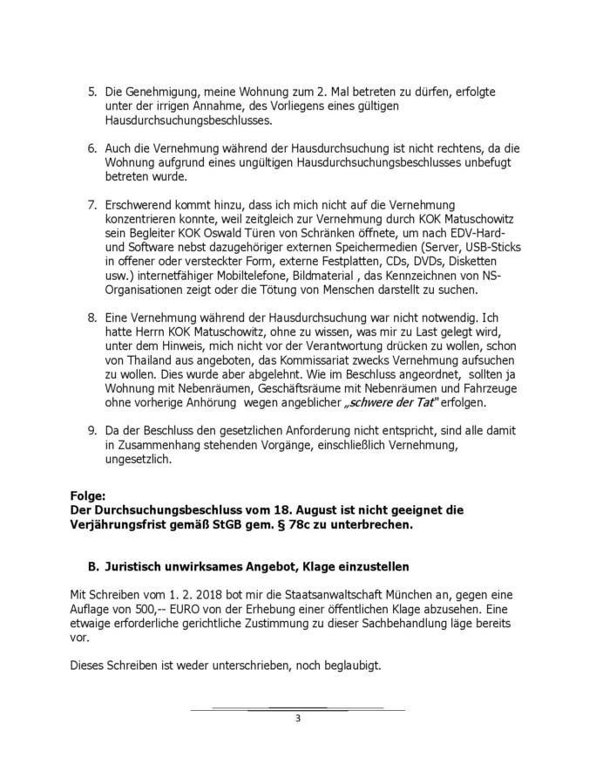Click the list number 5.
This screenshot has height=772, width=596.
point(93,92)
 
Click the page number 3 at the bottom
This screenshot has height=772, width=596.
point(297,719)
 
